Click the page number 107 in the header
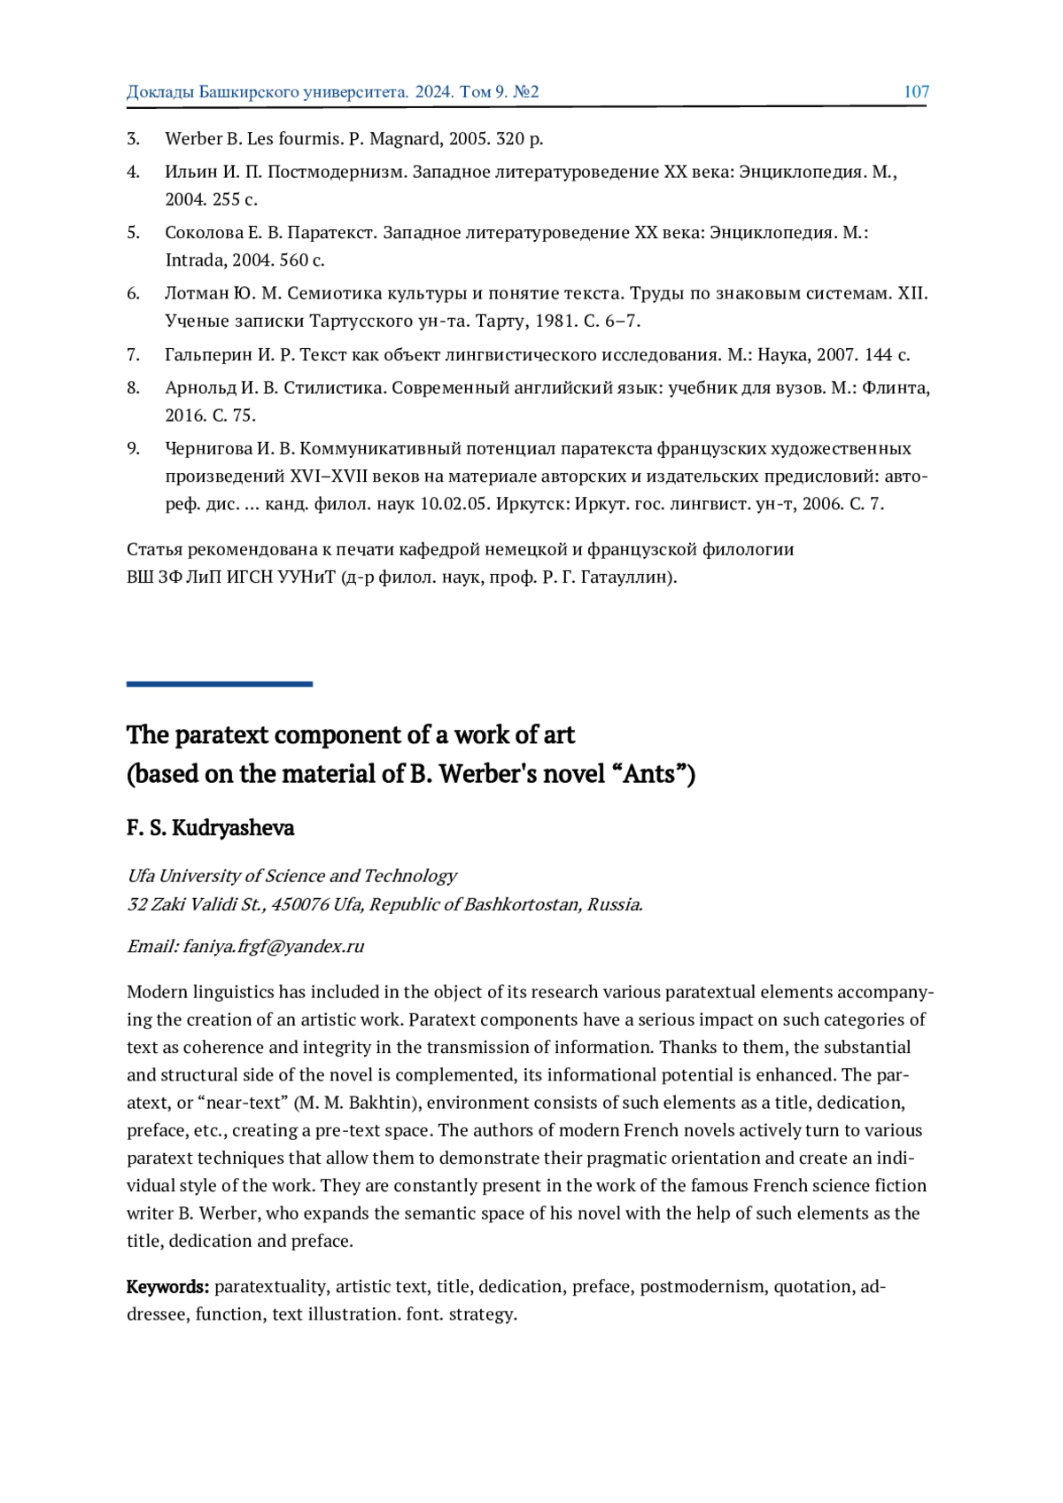(x=916, y=91)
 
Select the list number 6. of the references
(x=133, y=293)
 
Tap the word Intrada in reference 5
(x=195, y=260)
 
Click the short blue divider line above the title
(x=220, y=684)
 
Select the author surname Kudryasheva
(x=233, y=828)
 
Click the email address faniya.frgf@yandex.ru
(x=274, y=946)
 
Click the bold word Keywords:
(x=167, y=1286)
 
